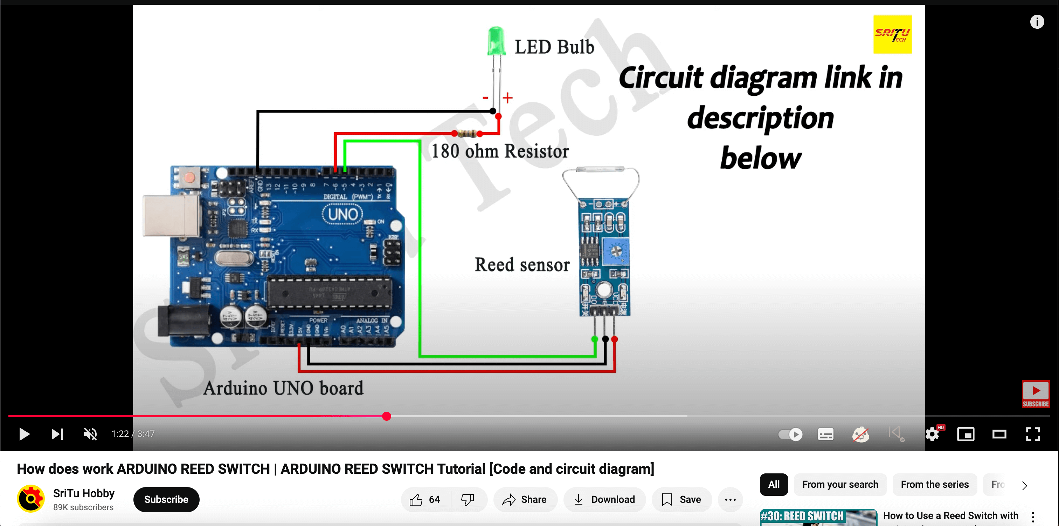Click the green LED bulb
point(496,41)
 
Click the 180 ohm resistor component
point(467,133)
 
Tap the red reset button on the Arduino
point(189,177)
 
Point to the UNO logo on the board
point(342,215)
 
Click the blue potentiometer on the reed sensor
point(615,250)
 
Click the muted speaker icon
point(90,434)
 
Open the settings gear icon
point(932,434)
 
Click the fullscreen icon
point(1032,434)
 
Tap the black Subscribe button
point(166,499)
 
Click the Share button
point(525,499)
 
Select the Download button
point(604,499)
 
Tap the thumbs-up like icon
point(416,500)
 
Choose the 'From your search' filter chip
point(840,484)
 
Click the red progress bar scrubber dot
point(386,416)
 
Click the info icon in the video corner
point(1037,21)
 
